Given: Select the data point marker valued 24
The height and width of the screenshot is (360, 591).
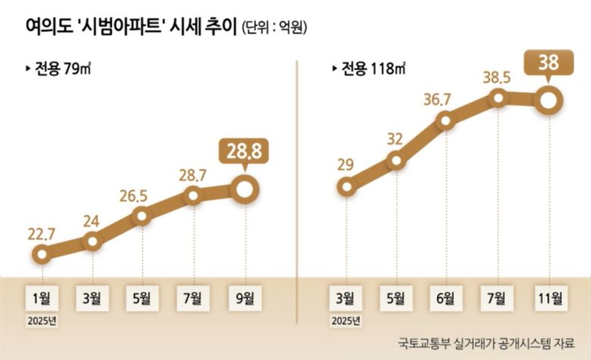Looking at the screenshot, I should point(92,242).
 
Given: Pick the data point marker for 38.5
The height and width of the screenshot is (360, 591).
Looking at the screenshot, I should point(498,98).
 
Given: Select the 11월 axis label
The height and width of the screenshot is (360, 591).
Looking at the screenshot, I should point(548,297).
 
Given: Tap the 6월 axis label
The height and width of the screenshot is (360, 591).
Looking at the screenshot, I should point(445,297).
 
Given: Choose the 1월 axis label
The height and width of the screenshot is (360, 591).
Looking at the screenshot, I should point(42,297).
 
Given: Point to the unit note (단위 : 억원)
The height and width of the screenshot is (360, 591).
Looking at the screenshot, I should point(275,28).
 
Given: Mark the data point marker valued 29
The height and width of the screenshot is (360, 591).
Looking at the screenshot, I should point(346,186).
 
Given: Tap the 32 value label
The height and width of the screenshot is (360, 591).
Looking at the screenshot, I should point(395,139).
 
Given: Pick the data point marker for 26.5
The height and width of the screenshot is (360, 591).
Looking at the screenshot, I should point(142,216).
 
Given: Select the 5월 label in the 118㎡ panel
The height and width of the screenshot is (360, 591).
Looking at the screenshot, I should point(395,297).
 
